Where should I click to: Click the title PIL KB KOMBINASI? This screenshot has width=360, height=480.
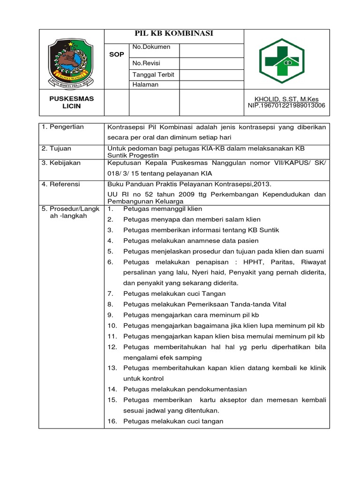[x=174, y=33]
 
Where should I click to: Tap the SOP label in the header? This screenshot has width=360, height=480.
[x=116, y=54]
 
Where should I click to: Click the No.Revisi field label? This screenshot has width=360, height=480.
[x=147, y=63]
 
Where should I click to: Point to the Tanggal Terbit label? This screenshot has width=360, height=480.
[x=153, y=75]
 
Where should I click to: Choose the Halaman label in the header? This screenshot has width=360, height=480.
[x=145, y=85]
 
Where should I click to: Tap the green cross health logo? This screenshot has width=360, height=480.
[x=282, y=60]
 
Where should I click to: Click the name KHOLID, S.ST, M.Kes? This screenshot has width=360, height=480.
[x=286, y=99]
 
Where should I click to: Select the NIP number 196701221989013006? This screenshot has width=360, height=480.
[x=286, y=105]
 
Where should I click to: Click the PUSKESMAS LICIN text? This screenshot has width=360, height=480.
[x=72, y=102]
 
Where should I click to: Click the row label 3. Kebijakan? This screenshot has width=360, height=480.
[x=61, y=163]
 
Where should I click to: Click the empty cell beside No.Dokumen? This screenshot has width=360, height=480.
[x=211, y=51]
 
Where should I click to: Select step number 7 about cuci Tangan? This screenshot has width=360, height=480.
[x=111, y=293]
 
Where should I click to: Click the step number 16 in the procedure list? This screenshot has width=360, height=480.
[x=112, y=421]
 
